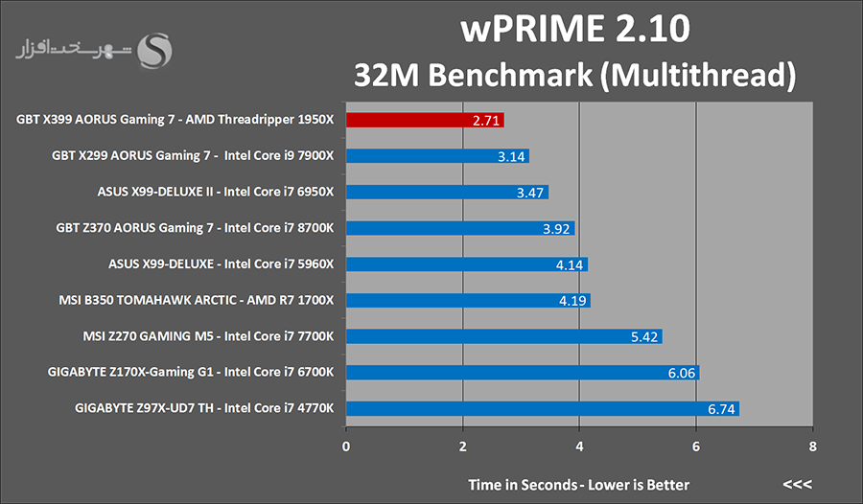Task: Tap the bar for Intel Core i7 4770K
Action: pyautogui.click(x=542, y=409)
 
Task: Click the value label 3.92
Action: pyautogui.click(x=556, y=229)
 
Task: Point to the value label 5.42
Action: pyautogui.click(x=643, y=337)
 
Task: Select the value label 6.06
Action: pyautogui.click(x=681, y=374)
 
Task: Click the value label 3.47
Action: pyautogui.click(x=530, y=193)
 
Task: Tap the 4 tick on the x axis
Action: pyautogui.click(x=579, y=447)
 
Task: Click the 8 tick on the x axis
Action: pyautogui.click(x=812, y=447)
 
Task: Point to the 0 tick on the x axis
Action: pyautogui.click(x=346, y=447)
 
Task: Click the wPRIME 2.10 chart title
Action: pyautogui.click(x=575, y=30)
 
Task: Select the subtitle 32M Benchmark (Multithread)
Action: pyautogui.click(x=575, y=74)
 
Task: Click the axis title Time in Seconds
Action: pyautogui.click(x=578, y=484)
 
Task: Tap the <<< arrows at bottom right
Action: pyautogui.click(x=797, y=484)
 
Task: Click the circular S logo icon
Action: pyautogui.click(x=156, y=51)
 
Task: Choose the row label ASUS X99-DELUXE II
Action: pyautogui.click(x=215, y=192)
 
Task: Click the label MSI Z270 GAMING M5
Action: pyautogui.click(x=208, y=336)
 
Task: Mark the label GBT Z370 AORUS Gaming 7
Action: pyautogui.click(x=194, y=228)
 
